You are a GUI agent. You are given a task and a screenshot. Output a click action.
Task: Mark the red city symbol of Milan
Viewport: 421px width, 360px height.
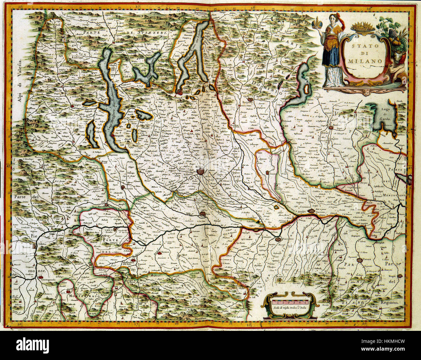tap(201, 172)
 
